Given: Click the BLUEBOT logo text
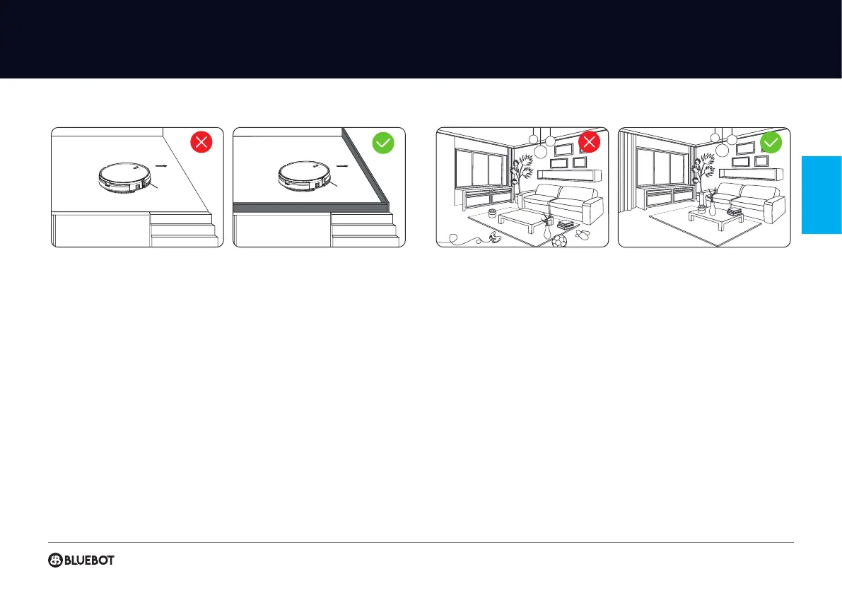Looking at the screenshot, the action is (90, 560).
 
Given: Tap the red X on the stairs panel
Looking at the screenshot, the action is (202, 143).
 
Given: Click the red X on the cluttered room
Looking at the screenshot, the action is (589, 143).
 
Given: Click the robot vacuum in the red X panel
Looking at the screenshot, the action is (124, 177).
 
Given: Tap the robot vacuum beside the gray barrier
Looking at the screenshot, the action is (305, 177).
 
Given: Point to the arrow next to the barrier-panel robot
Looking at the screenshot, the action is (344, 168).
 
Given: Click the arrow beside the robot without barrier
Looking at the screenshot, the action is (163, 168).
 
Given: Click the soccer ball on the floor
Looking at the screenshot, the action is (557, 241).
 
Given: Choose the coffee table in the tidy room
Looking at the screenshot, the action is (718, 218).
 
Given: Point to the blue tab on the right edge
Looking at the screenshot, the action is (822, 194).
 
